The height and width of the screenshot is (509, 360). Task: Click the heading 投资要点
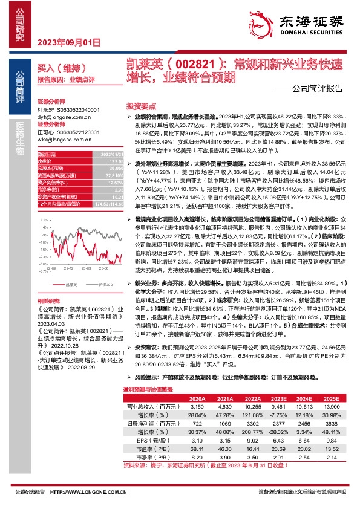140,105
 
